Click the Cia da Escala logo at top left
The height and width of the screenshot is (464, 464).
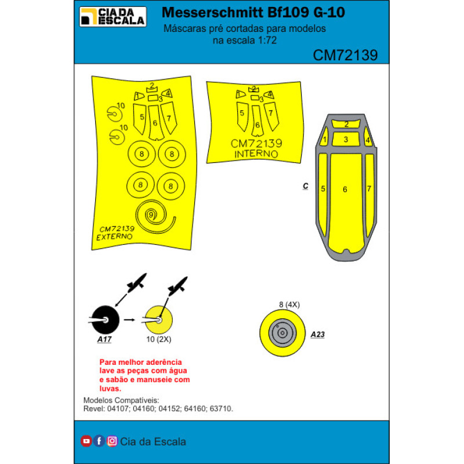point(113,16)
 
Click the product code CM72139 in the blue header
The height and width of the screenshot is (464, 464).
point(345,55)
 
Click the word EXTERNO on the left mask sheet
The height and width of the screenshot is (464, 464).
point(114,237)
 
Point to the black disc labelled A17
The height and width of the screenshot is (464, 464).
point(105,320)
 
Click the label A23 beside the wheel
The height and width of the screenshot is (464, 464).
point(318,335)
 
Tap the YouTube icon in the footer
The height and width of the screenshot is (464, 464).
point(86,441)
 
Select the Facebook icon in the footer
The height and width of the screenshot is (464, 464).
point(99,441)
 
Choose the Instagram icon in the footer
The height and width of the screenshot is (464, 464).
point(113,441)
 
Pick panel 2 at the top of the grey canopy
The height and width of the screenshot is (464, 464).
point(346,124)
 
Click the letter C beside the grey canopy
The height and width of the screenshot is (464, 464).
point(305,186)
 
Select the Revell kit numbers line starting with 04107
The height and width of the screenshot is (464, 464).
point(158,409)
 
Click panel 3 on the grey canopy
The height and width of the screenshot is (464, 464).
point(346,139)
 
